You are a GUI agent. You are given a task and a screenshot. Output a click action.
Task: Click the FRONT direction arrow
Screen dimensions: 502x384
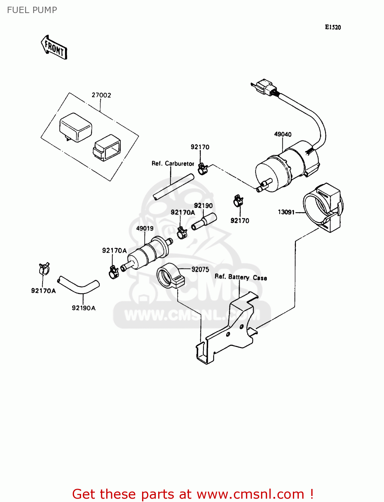coord(54,48)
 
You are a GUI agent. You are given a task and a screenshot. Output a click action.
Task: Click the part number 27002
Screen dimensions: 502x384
coord(101,95)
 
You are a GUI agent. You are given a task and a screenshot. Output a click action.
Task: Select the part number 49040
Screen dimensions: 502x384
coord(283,134)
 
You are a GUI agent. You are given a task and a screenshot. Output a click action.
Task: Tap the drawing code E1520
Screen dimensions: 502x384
coord(333,27)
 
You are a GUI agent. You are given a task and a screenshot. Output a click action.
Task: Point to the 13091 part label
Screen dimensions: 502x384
coord(286,212)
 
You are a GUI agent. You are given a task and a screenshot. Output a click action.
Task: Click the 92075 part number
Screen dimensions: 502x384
coord(200,269)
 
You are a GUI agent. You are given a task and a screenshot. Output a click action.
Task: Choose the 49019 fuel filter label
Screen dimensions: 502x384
coord(145,228)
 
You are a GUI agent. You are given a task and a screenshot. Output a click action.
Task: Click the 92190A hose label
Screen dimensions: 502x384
coord(83,308)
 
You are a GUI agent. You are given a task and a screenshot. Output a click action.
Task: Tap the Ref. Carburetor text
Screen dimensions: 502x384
coord(173,163)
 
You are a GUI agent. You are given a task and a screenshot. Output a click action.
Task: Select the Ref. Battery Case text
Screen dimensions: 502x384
coord(241,277)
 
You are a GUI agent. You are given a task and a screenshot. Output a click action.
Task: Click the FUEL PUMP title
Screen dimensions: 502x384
coord(32,10)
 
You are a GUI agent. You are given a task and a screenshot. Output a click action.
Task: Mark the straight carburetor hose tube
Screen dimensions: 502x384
coord(174,187)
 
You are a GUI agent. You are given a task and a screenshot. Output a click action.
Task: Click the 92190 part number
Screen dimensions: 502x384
coord(203,205)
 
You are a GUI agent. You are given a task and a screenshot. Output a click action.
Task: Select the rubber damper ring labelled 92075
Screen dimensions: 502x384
coord(170,276)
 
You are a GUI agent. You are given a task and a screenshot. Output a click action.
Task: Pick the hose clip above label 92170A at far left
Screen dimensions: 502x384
coord(44,268)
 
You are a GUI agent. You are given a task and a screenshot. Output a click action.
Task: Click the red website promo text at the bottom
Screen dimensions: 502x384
coord(193,494)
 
